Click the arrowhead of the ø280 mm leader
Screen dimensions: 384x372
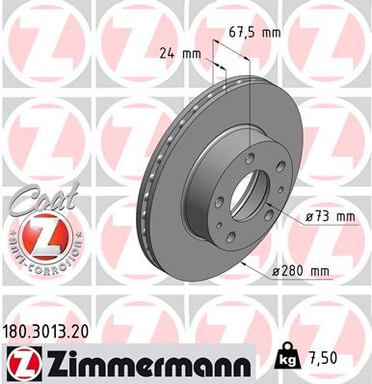pyautogui.click(x=241, y=261)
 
